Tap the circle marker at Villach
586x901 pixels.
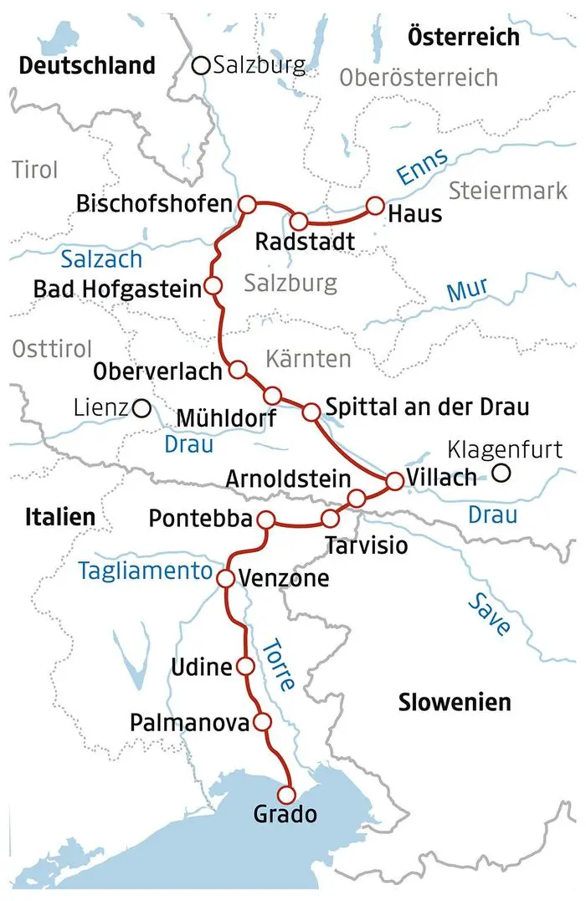pos(395,480)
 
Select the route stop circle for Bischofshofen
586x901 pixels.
pos(246,204)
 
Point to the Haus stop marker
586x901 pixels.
pos(375,205)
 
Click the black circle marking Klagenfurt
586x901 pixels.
pos(501,474)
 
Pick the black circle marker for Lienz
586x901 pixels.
pos(142,408)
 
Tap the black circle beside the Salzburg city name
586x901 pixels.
pos(201,65)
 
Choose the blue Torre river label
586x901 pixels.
pos(278,663)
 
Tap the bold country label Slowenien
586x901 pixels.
pos(455,701)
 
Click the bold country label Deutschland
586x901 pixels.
pos(88,65)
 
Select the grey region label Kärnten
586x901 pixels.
pos(307,360)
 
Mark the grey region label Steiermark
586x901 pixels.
pos(508,191)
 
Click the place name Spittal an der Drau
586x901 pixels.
pos(427,408)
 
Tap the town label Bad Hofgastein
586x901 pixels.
pos(117,289)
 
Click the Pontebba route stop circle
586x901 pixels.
pos(267,519)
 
